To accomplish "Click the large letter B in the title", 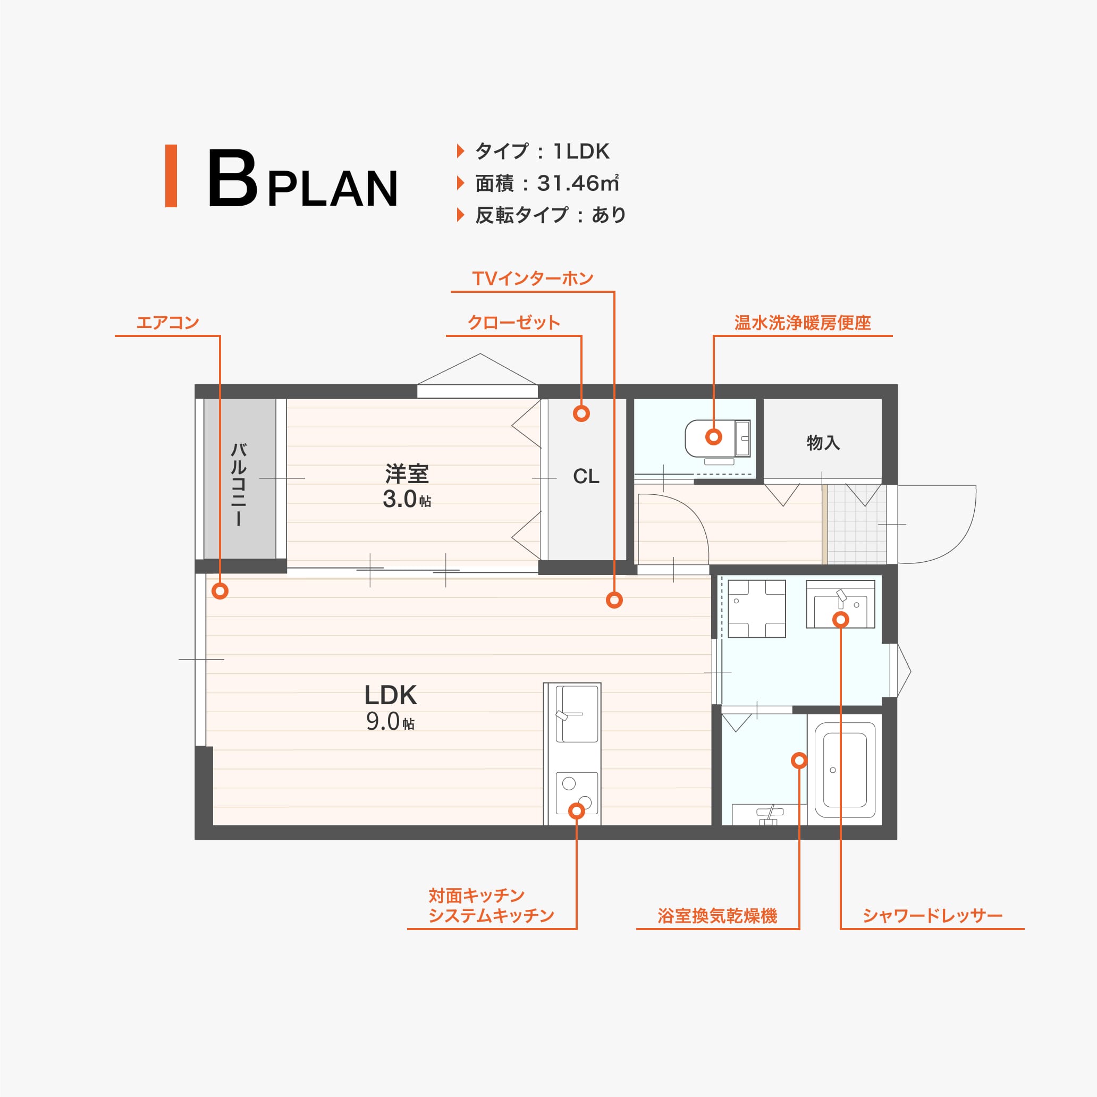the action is [x=232, y=178].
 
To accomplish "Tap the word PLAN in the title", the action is [x=333, y=189].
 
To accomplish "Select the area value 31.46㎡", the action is [x=577, y=183].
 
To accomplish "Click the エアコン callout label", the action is [x=167, y=323].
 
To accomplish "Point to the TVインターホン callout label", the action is [x=533, y=278].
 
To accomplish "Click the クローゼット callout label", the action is [x=514, y=323].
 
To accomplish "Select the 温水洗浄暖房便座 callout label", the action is [x=803, y=323].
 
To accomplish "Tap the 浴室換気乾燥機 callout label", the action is [x=717, y=916].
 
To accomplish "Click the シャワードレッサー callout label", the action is [x=932, y=916].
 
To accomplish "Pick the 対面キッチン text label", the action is [x=476, y=896].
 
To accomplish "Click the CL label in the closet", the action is [x=586, y=476].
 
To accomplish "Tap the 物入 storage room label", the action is [x=823, y=442].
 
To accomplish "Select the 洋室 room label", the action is [x=407, y=473].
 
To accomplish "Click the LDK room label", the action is [x=391, y=695].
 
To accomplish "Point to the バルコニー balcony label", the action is [x=239, y=484].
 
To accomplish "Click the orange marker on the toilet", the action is [x=714, y=437].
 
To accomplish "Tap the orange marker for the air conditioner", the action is [x=220, y=591].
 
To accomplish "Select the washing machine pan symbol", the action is [x=757, y=608].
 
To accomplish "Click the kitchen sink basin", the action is [x=577, y=714].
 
